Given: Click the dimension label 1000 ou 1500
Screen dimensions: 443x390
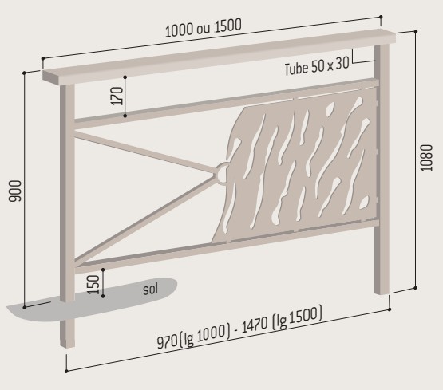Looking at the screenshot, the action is [203, 28].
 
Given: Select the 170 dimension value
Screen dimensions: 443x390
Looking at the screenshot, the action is [117, 96].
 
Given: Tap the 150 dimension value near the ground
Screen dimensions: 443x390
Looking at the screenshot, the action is [94, 284].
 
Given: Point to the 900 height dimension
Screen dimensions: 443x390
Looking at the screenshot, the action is [15, 191].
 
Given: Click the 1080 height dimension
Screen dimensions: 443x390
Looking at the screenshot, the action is [426, 158].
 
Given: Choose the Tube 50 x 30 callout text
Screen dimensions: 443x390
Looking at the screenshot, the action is [317, 67].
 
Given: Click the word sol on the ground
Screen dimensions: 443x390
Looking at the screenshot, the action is [150, 289].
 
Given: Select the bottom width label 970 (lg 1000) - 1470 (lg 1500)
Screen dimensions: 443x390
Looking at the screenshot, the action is [239, 327].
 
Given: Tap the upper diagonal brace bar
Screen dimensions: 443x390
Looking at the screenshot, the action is [144, 152].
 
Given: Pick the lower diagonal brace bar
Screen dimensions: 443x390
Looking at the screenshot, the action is [144, 219].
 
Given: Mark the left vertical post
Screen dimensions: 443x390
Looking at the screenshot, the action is [67, 216].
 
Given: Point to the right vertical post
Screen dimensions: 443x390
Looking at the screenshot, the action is [382, 169].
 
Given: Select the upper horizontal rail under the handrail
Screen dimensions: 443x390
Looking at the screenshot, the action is [226, 102].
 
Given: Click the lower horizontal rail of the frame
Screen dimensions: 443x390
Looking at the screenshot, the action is [226, 246].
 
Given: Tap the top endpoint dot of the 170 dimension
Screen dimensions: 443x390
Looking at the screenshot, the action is [125, 77].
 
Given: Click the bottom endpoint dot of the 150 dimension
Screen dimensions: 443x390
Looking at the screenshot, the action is [103, 296].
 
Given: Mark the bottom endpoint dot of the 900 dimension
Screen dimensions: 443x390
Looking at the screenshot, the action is [24, 307].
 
